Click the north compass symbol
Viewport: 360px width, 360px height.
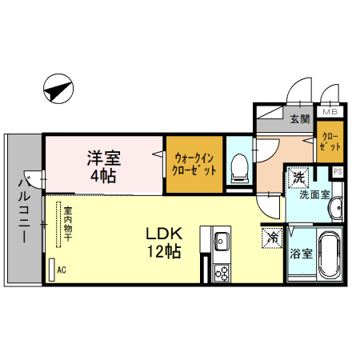58,89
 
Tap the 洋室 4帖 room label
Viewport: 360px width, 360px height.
104,166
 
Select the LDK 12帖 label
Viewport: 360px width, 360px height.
164,242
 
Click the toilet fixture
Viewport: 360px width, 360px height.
239,169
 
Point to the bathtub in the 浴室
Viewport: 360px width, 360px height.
330,254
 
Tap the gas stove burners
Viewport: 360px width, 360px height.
222,273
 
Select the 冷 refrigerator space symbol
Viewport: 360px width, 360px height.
272,238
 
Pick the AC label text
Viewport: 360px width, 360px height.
62,270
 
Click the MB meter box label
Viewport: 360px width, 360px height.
330,112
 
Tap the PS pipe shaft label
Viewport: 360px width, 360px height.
338,171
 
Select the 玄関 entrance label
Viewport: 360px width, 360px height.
300,119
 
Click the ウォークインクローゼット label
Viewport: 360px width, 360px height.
194,164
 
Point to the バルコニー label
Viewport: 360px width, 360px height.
24,210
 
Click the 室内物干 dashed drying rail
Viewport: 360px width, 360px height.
58,225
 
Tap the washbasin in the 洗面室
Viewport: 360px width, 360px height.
336,208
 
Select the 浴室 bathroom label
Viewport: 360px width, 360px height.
301,254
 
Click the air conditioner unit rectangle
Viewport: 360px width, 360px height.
52,270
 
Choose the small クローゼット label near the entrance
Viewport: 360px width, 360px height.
330,142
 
